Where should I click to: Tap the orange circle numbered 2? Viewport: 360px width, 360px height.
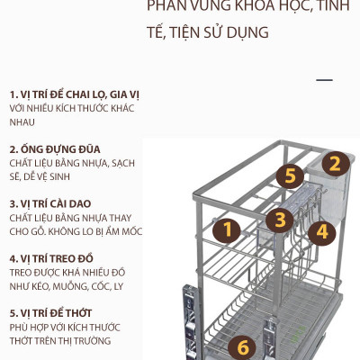coord(333,164)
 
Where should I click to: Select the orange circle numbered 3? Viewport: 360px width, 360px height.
coord(280,219)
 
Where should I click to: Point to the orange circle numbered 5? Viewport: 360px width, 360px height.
coord(290,175)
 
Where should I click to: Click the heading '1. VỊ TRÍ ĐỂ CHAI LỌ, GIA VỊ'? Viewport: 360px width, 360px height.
coord(74,94)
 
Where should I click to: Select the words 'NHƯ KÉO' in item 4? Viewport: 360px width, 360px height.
coord(31,286)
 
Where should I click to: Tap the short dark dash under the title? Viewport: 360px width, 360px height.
coord(324,80)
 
